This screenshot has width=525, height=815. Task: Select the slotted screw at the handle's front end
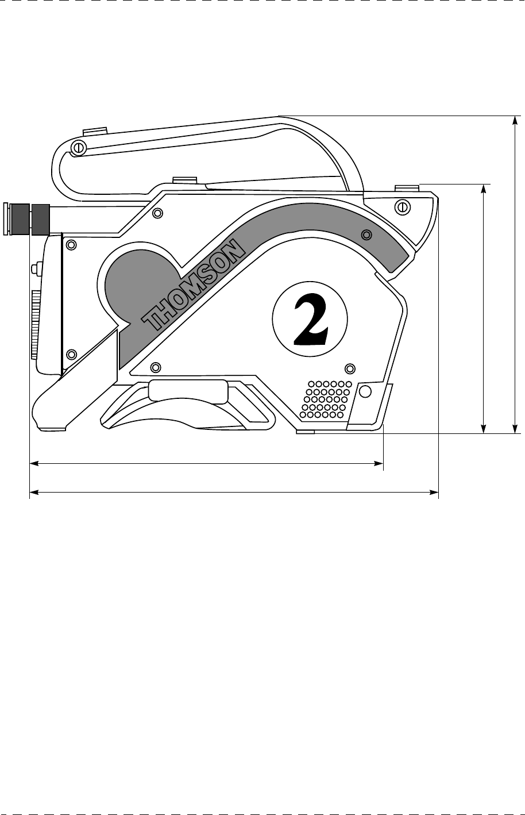coord(78,148)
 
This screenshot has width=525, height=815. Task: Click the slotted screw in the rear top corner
coord(403,206)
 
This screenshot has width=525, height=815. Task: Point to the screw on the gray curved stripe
coord(366,234)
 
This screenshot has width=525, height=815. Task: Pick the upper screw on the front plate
coord(71,245)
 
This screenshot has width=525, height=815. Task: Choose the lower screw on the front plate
coord(72,353)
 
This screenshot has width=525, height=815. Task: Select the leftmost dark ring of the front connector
coord(20,218)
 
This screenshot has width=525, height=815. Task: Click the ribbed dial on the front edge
coord(34,324)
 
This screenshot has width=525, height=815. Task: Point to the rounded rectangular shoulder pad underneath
coord(187,390)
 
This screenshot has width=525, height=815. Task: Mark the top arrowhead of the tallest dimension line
coord(515,119)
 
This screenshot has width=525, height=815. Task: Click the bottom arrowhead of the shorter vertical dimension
coord(484,428)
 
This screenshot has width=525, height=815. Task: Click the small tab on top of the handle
coord(95,131)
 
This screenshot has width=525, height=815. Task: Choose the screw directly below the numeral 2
coord(349,367)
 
